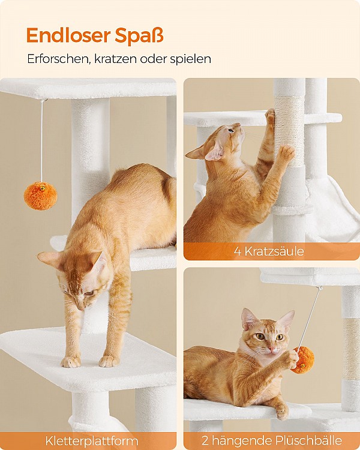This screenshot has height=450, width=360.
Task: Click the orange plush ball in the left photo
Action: [40, 196]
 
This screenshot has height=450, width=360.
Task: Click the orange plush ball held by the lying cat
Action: [303, 359]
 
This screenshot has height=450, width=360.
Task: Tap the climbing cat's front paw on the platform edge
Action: [71, 361]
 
